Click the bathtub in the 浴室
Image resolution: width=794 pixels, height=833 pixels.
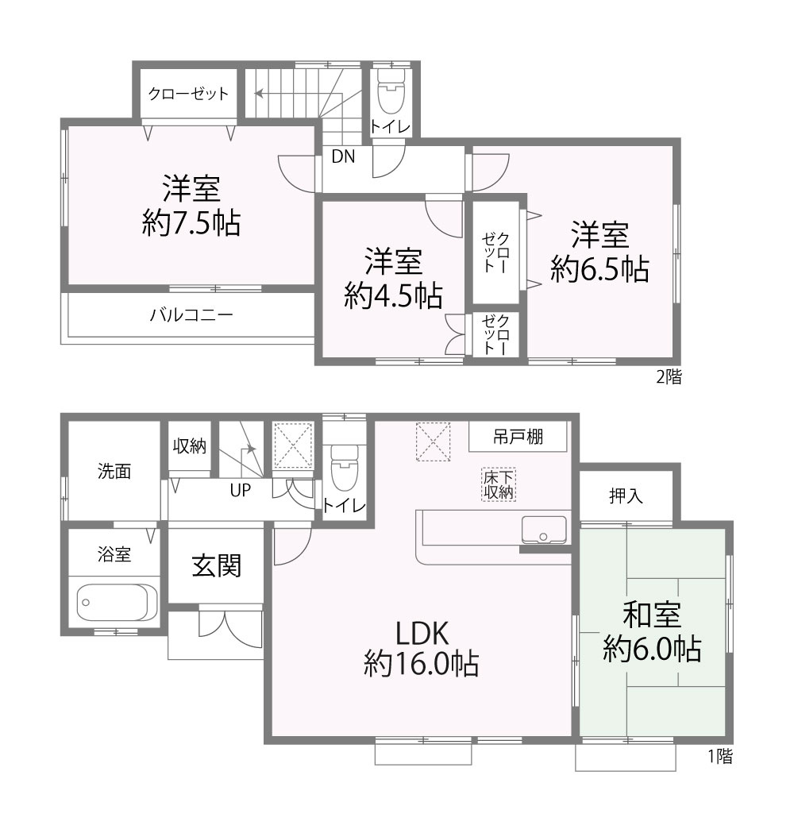coord(117,603)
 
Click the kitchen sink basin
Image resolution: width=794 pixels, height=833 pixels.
coord(543,530)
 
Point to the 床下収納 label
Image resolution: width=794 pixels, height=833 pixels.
coord(499,484)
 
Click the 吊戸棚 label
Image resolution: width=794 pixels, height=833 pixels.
coord(518,437)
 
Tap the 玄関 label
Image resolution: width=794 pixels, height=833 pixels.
coord(217,565)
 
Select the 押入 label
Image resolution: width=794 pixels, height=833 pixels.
coord(626,496)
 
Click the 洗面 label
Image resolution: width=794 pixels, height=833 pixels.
coord(114,471)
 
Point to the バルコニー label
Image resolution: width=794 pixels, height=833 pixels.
coord(191,315)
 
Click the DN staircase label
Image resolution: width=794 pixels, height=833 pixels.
coord(343,156)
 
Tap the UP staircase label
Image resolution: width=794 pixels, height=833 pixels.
coord(240,490)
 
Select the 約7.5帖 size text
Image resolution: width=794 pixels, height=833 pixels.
coord(191,223)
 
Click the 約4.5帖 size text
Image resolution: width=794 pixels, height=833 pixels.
coord(393,296)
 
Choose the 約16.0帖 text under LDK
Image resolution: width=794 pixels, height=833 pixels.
coord(421,664)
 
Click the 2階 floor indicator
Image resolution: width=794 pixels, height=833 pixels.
coord(669,377)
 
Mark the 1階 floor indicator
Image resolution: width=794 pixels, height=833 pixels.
coord(720,756)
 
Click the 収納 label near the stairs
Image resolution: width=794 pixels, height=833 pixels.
coord(189,446)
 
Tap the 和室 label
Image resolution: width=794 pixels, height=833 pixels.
coord(652,615)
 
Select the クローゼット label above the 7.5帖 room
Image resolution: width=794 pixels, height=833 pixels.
coord(188,94)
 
